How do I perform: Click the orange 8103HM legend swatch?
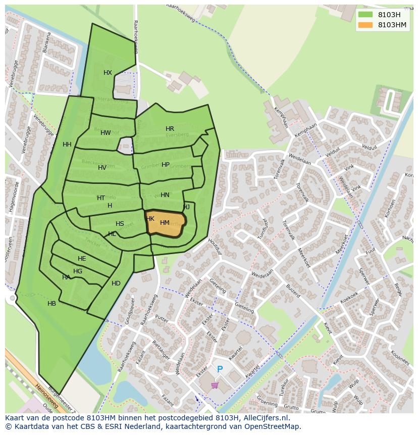point(365,25)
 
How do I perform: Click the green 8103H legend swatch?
point(365,15)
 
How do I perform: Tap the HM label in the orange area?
point(165,223)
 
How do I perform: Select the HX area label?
point(108,73)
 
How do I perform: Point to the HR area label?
point(170,129)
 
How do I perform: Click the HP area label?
point(166,165)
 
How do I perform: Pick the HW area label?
point(105,133)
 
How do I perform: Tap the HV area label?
point(102,168)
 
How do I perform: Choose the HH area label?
point(67,144)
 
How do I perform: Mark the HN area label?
point(165,195)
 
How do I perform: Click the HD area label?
point(116,283)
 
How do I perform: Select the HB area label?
point(51,304)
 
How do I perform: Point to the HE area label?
point(82,259)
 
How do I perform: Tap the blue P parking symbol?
point(220,370)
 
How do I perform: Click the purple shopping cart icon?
point(215,385)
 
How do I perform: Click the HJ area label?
point(187,207)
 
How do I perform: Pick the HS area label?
point(120,224)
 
